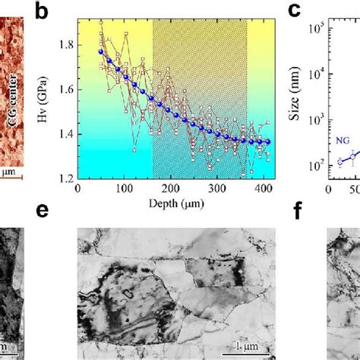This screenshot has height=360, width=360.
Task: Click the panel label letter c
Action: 294,11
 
